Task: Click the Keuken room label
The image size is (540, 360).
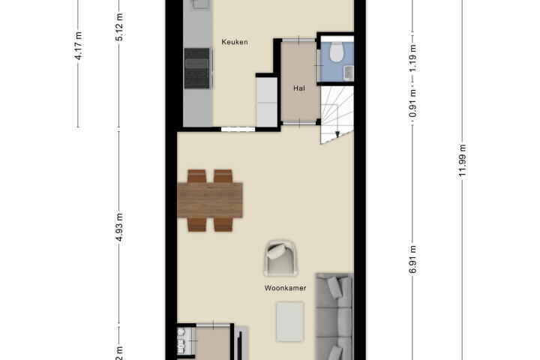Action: [x=235, y=42]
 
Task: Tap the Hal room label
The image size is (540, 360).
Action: [x=299, y=88]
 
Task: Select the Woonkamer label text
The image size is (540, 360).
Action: [x=285, y=288]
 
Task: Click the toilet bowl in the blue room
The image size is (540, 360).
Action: [x=337, y=52]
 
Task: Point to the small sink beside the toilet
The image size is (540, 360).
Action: [x=349, y=73]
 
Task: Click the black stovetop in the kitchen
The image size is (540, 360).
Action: [x=197, y=68]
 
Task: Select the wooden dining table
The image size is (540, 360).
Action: [x=210, y=200]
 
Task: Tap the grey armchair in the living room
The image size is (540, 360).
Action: [x=280, y=258]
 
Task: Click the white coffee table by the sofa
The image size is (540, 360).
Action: [x=290, y=322]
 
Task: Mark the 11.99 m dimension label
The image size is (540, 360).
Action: [x=462, y=160]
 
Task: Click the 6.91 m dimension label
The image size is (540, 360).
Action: [x=413, y=259]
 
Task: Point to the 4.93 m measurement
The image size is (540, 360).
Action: [x=119, y=227]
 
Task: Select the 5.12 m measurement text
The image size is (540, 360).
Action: [x=119, y=27]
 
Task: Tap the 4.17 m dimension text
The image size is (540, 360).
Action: [x=79, y=46]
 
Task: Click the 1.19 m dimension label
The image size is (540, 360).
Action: [x=413, y=58]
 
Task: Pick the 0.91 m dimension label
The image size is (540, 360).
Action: [x=413, y=103]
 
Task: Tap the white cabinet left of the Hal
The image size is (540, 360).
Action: [x=266, y=102]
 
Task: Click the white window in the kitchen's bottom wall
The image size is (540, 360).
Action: [x=238, y=130]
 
